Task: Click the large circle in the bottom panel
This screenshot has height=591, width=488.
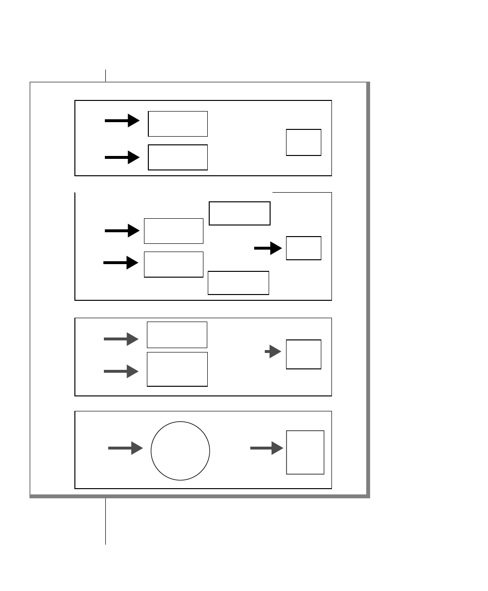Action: (180, 450)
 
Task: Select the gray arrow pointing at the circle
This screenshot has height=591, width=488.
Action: (125, 449)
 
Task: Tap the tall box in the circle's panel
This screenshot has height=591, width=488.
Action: (305, 452)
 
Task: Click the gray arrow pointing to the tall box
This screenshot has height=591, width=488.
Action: (266, 449)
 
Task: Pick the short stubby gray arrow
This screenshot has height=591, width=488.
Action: (273, 352)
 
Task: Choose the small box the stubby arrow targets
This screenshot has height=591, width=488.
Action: (303, 354)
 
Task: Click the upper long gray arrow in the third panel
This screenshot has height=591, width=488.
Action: (121, 339)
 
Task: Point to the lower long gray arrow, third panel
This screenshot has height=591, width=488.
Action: (121, 371)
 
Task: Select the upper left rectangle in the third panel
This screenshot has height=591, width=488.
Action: (177, 335)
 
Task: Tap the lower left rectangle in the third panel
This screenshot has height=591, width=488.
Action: (177, 369)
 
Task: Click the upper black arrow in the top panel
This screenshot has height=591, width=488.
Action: (122, 121)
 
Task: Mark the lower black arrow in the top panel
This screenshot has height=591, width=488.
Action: (122, 157)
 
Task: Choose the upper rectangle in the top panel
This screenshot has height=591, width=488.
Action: (177, 124)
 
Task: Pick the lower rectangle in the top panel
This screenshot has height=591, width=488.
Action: (177, 157)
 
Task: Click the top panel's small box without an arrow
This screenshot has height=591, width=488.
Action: (303, 142)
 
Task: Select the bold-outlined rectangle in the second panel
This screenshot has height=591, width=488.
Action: (239, 213)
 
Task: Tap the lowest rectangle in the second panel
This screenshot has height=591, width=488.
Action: (238, 282)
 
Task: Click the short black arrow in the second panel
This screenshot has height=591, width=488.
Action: (268, 248)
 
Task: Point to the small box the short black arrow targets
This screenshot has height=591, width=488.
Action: (303, 248)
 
